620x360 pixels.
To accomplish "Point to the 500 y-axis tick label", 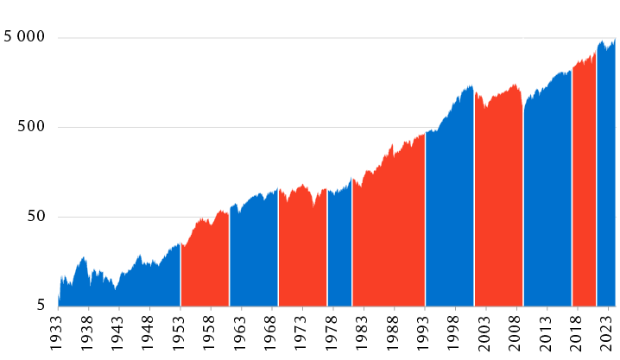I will tap(34, 127).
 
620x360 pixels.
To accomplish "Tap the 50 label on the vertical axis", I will tap(37, 217).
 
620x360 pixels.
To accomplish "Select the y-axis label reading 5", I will tap(41, 306).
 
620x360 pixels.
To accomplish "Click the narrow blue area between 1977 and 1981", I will tap(339, 250).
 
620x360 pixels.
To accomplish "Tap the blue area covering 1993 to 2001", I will tap(449, 216).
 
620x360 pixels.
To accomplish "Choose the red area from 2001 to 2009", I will tap(498, 207).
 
